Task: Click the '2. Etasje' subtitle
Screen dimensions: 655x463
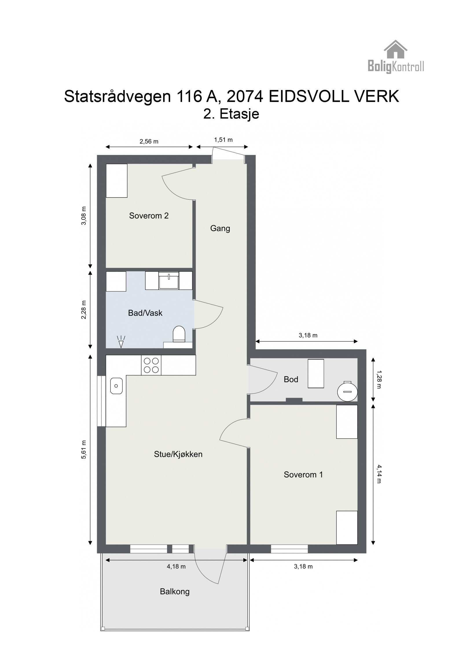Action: (x=231, y=114)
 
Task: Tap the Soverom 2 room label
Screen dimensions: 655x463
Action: (x=149, y=216)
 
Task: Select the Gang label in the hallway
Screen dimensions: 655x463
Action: (x=220, y=228)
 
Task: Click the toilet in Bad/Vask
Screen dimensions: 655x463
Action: (x=179, y=334)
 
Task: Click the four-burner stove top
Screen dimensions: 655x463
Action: (x=151, y=365)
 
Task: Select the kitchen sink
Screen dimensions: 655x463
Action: (x=116, y=386)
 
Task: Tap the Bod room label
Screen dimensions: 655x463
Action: (x=291, y=379)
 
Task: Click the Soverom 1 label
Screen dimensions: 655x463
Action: (x=303, y=474)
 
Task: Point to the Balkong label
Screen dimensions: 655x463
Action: (x=175, y=591)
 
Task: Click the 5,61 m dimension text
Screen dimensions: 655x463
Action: (x=84, y=449)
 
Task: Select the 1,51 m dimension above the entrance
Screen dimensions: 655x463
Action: (x=223, y=140)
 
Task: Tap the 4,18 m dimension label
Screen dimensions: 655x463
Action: (x=176, y=566)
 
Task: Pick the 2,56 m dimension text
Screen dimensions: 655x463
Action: (x=149, y=142)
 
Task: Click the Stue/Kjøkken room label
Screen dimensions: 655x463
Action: (x=178, y=454)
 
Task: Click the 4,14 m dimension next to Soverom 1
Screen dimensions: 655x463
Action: (x=379, y=474)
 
